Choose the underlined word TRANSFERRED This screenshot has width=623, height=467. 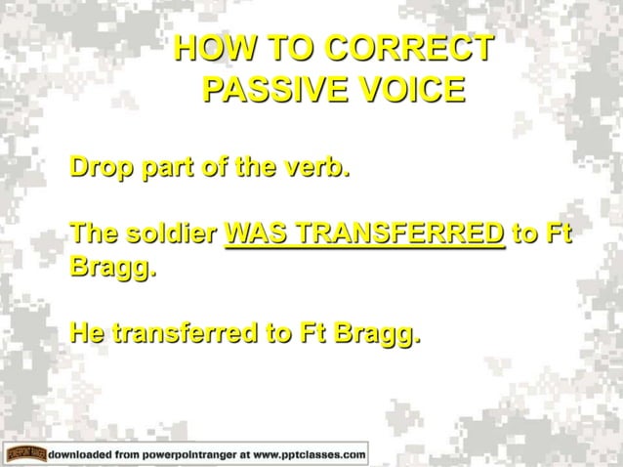401,235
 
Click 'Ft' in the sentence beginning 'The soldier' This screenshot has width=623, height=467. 554,235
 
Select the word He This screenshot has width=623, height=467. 87,336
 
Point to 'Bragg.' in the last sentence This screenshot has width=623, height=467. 377,336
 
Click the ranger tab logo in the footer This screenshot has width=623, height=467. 25,453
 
